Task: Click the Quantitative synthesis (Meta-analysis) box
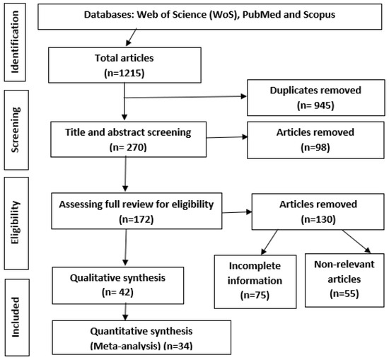(141, 339)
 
